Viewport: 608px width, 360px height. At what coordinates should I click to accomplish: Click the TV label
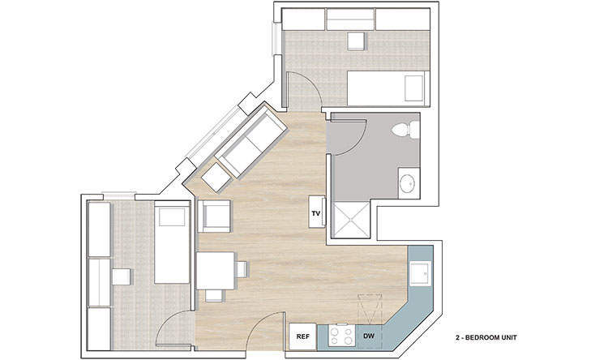[x=316, y=213]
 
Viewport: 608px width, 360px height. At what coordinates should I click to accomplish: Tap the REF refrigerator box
[x=303, y=336]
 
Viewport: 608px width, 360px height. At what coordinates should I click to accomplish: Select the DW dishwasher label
[x=369, y=336]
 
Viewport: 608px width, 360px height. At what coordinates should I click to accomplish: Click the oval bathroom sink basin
[x=408, y=183]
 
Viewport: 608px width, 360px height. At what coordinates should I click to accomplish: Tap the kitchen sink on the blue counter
[x=420, y=273]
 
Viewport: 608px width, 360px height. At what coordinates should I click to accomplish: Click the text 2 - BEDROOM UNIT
[x=486, y=337]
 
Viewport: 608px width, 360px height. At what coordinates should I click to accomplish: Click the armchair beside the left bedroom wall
[x=215, y=216]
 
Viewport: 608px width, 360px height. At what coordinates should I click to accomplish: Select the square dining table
[x=216, y=270]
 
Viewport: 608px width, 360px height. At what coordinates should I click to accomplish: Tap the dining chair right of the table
[x=241, y=269]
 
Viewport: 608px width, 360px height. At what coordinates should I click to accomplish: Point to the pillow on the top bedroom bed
[x=413, y=88]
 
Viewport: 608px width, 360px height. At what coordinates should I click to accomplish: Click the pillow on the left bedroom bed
[x=172, y=216]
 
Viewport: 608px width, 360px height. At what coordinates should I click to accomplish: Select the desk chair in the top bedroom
[x=357, y=41]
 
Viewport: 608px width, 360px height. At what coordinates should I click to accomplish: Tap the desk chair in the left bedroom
[x=122, y=277]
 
